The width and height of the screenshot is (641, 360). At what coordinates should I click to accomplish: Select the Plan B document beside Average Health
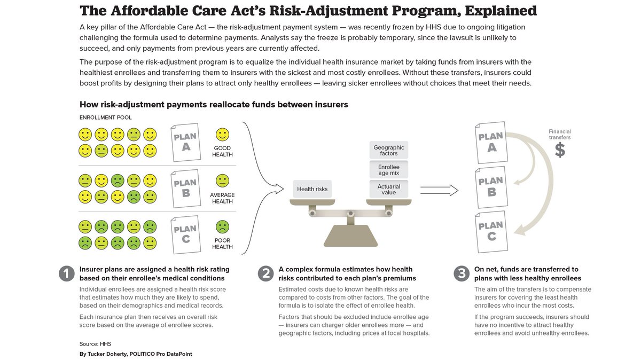click(185, 187)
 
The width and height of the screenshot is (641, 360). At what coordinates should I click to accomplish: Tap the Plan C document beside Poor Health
click(185, 234)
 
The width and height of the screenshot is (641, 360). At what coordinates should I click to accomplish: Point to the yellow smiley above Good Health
click(222, 134)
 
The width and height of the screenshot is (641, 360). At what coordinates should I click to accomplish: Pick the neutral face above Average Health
click(222, 181)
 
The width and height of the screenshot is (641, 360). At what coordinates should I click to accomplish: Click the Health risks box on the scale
click(313, 189)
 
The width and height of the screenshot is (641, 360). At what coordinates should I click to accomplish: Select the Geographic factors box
click(388, 150)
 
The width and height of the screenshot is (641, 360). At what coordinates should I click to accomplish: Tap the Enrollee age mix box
click(388, 170)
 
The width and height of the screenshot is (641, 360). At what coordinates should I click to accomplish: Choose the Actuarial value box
click(388, 189)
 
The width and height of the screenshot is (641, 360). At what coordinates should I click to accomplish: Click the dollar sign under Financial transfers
click(559, 150)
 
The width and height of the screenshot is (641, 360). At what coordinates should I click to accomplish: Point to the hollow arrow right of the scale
click(439, 190)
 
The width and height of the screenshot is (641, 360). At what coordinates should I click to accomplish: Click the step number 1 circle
click(66, 274)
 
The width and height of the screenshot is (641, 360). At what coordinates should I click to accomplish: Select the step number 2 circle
click(265, 274)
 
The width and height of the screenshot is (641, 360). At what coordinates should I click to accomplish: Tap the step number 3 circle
click(462, 274)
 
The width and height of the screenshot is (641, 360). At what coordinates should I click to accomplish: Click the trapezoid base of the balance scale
click(350, 236)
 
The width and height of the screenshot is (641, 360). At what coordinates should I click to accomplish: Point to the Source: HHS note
click(95, 343)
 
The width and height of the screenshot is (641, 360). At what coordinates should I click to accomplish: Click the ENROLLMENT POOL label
click(105, 118)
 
